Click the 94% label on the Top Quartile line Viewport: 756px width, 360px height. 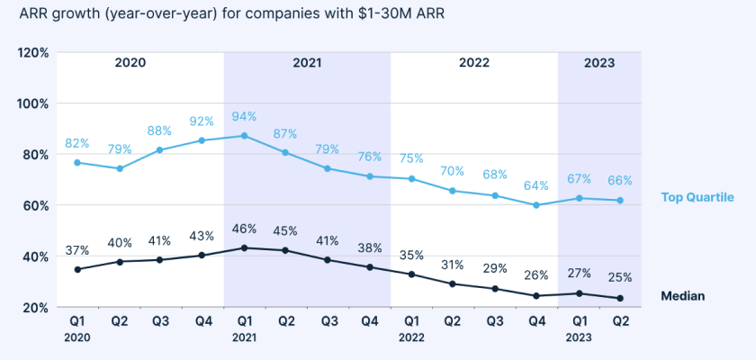click(244, 116)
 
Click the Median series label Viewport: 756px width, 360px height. click(682, 295)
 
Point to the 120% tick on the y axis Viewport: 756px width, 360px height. click(33, 52)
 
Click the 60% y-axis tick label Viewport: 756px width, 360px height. click(36, 205)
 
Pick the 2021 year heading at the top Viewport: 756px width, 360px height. click(307, 63)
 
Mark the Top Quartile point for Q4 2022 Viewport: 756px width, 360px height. click(536, 205)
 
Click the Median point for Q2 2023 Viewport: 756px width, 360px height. click(620, 299)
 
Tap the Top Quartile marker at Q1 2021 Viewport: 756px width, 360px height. click(244, 136)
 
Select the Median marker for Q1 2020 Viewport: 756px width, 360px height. click(77, 269)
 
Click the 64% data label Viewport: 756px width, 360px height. click(536, 186)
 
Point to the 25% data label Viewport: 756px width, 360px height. click(620, 277)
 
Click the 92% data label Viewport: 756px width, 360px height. click(202, 121)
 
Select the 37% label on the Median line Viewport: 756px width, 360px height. click(77, 249)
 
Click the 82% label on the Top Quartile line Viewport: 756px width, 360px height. click(77, 143)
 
